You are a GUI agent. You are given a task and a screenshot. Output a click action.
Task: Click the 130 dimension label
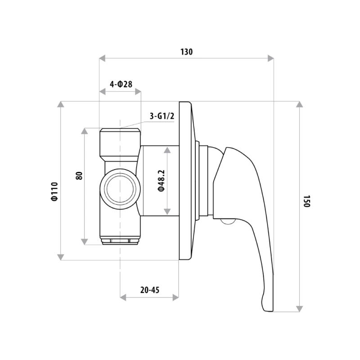(x=186, y=52)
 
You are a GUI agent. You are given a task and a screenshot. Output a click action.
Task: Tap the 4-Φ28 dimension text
(x=121, y=84)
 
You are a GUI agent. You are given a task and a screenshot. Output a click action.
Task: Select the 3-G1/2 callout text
(x=162, y=116)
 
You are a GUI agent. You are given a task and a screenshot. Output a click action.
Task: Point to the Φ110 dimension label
(x=55, y=192)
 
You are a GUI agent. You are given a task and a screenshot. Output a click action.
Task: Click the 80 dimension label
(x=79, y=175)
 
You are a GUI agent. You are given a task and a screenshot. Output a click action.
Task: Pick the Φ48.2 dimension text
(x=162, y=181)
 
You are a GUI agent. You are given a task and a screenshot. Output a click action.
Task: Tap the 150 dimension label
(x=307, y=201)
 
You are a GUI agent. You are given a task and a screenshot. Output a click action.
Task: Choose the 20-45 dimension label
(x=150, y=290)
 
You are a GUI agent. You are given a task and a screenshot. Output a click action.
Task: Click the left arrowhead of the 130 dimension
(x=102, y=58)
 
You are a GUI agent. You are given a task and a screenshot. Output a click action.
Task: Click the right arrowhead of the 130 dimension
(x=271, y=58)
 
